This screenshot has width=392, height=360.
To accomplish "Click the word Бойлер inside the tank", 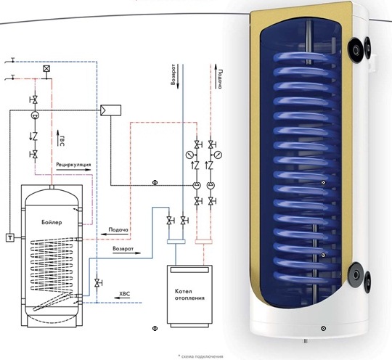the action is [52, 222].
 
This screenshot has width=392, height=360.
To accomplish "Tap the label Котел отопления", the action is [189, 295].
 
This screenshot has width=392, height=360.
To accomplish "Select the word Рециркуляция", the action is [73, 165].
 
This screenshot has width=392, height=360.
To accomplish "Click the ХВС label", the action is [125, 294].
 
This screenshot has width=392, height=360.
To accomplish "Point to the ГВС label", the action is [62, 141].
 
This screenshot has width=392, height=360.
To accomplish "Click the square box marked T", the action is [10, 237].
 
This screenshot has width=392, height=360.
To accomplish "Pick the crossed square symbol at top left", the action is [46, 68].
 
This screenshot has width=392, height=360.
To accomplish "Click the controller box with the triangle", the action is [111, 110].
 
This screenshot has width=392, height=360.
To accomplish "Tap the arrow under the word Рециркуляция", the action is [73, 170].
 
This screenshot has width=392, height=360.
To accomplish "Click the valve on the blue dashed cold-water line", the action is [97, 283].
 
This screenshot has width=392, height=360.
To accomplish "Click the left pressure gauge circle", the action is [190, 155].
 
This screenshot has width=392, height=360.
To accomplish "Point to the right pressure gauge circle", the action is [218, 155].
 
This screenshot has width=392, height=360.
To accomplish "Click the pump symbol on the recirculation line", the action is [35, 115].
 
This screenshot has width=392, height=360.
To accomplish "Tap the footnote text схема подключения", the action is [202, 356].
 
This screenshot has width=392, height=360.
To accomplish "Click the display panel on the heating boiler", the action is [189, 269].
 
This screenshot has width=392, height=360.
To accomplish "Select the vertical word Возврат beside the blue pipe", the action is [173, 75].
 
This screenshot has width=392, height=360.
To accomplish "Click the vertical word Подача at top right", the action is [220, 79].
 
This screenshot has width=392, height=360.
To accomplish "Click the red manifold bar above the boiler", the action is [204, 242].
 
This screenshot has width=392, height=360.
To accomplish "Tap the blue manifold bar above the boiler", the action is [176, 242].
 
